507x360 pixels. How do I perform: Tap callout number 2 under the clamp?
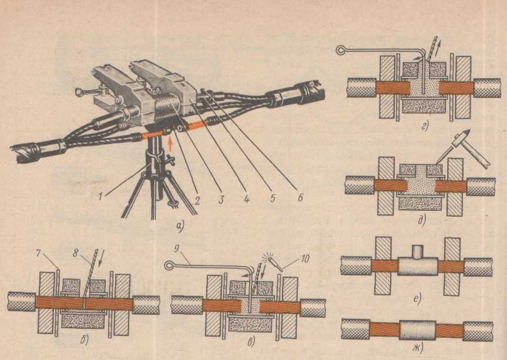click(196, 201)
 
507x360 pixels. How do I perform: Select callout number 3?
click(221, 200)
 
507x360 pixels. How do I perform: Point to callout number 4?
click(246, 198)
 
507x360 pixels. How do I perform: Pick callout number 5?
click(273, 197)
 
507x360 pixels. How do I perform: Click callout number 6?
click(300, 197)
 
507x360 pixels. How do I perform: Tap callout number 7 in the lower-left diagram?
click(38, 254)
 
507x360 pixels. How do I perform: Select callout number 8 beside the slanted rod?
click(75, 253)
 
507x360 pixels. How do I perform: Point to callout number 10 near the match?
click(304, 258)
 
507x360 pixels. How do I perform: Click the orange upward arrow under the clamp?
click(170, 143)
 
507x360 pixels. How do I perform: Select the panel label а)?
click(180, 227)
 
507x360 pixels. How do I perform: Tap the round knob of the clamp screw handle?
click(79, 92)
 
